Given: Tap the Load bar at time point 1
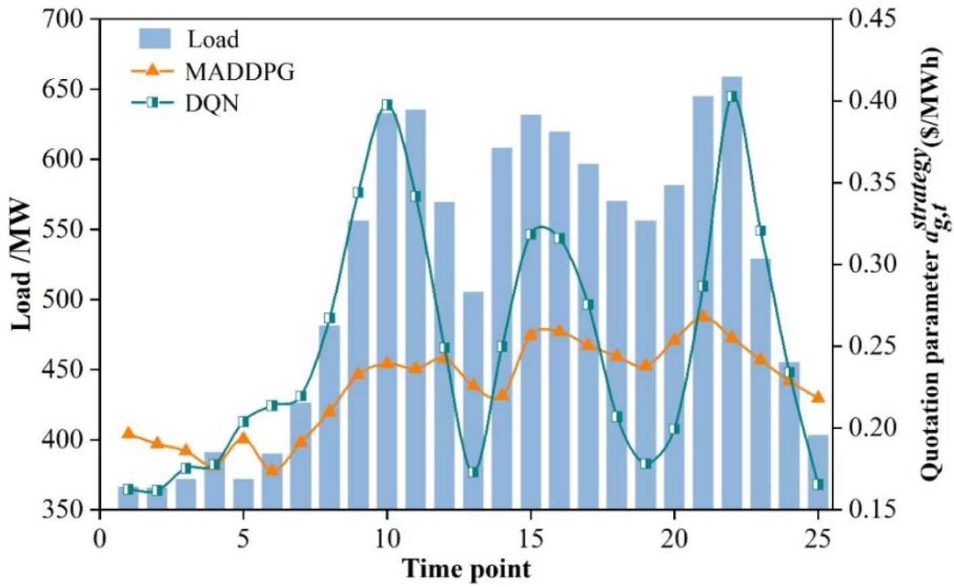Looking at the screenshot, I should (x=128, y=498).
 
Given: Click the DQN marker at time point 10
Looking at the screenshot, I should (x=387, y=105).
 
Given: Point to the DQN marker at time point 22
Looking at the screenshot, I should (x=732, y=96).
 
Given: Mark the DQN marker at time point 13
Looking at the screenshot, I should (x=473, y=472).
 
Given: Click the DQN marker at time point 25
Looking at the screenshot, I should (x=818, y=484).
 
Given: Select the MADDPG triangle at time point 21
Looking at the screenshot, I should (x=703, y=316).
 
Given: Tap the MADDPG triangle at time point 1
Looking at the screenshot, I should (x=128, y=433).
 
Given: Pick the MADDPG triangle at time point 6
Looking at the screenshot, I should (x=272, y=469).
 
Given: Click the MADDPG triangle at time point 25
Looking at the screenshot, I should (x=818, y=397).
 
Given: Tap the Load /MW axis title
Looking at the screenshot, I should (x=23, y=264).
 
